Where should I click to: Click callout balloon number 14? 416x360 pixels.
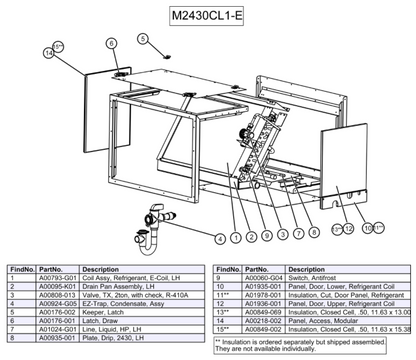[48, 51]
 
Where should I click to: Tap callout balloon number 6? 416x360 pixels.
[111, 42]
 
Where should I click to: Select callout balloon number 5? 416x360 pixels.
[143, 37]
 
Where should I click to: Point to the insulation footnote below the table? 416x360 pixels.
[300, 346]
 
